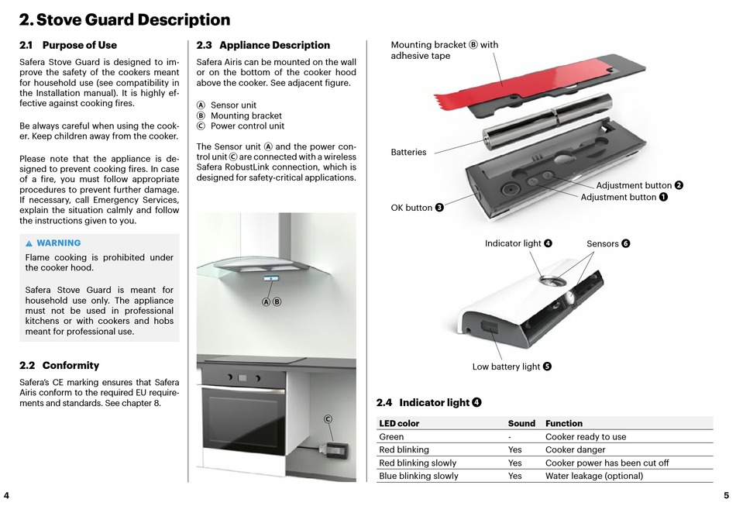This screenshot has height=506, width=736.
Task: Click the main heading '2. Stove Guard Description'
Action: coord(124,20)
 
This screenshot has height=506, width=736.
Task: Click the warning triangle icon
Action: coord(29,243)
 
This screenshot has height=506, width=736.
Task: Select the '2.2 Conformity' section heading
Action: coord(59,365)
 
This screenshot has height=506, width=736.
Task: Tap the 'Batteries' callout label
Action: coord(408,153)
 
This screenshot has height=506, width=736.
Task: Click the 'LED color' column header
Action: coord(399,423)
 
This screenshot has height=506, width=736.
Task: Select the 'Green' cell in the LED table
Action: coord(391,436)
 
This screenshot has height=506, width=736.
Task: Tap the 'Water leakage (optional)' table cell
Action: coord(593,476)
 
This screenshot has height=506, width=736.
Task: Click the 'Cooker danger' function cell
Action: coord(575,449)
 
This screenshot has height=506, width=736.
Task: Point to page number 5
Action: coord(726,495)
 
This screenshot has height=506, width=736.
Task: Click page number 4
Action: coord(6,495)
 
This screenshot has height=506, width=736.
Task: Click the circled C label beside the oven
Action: coord(328,419)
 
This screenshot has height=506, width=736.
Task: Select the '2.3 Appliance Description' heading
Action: coord(263,45)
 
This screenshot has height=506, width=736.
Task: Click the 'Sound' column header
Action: coord(521,423)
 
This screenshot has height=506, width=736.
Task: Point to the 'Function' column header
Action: coord(564,423)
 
